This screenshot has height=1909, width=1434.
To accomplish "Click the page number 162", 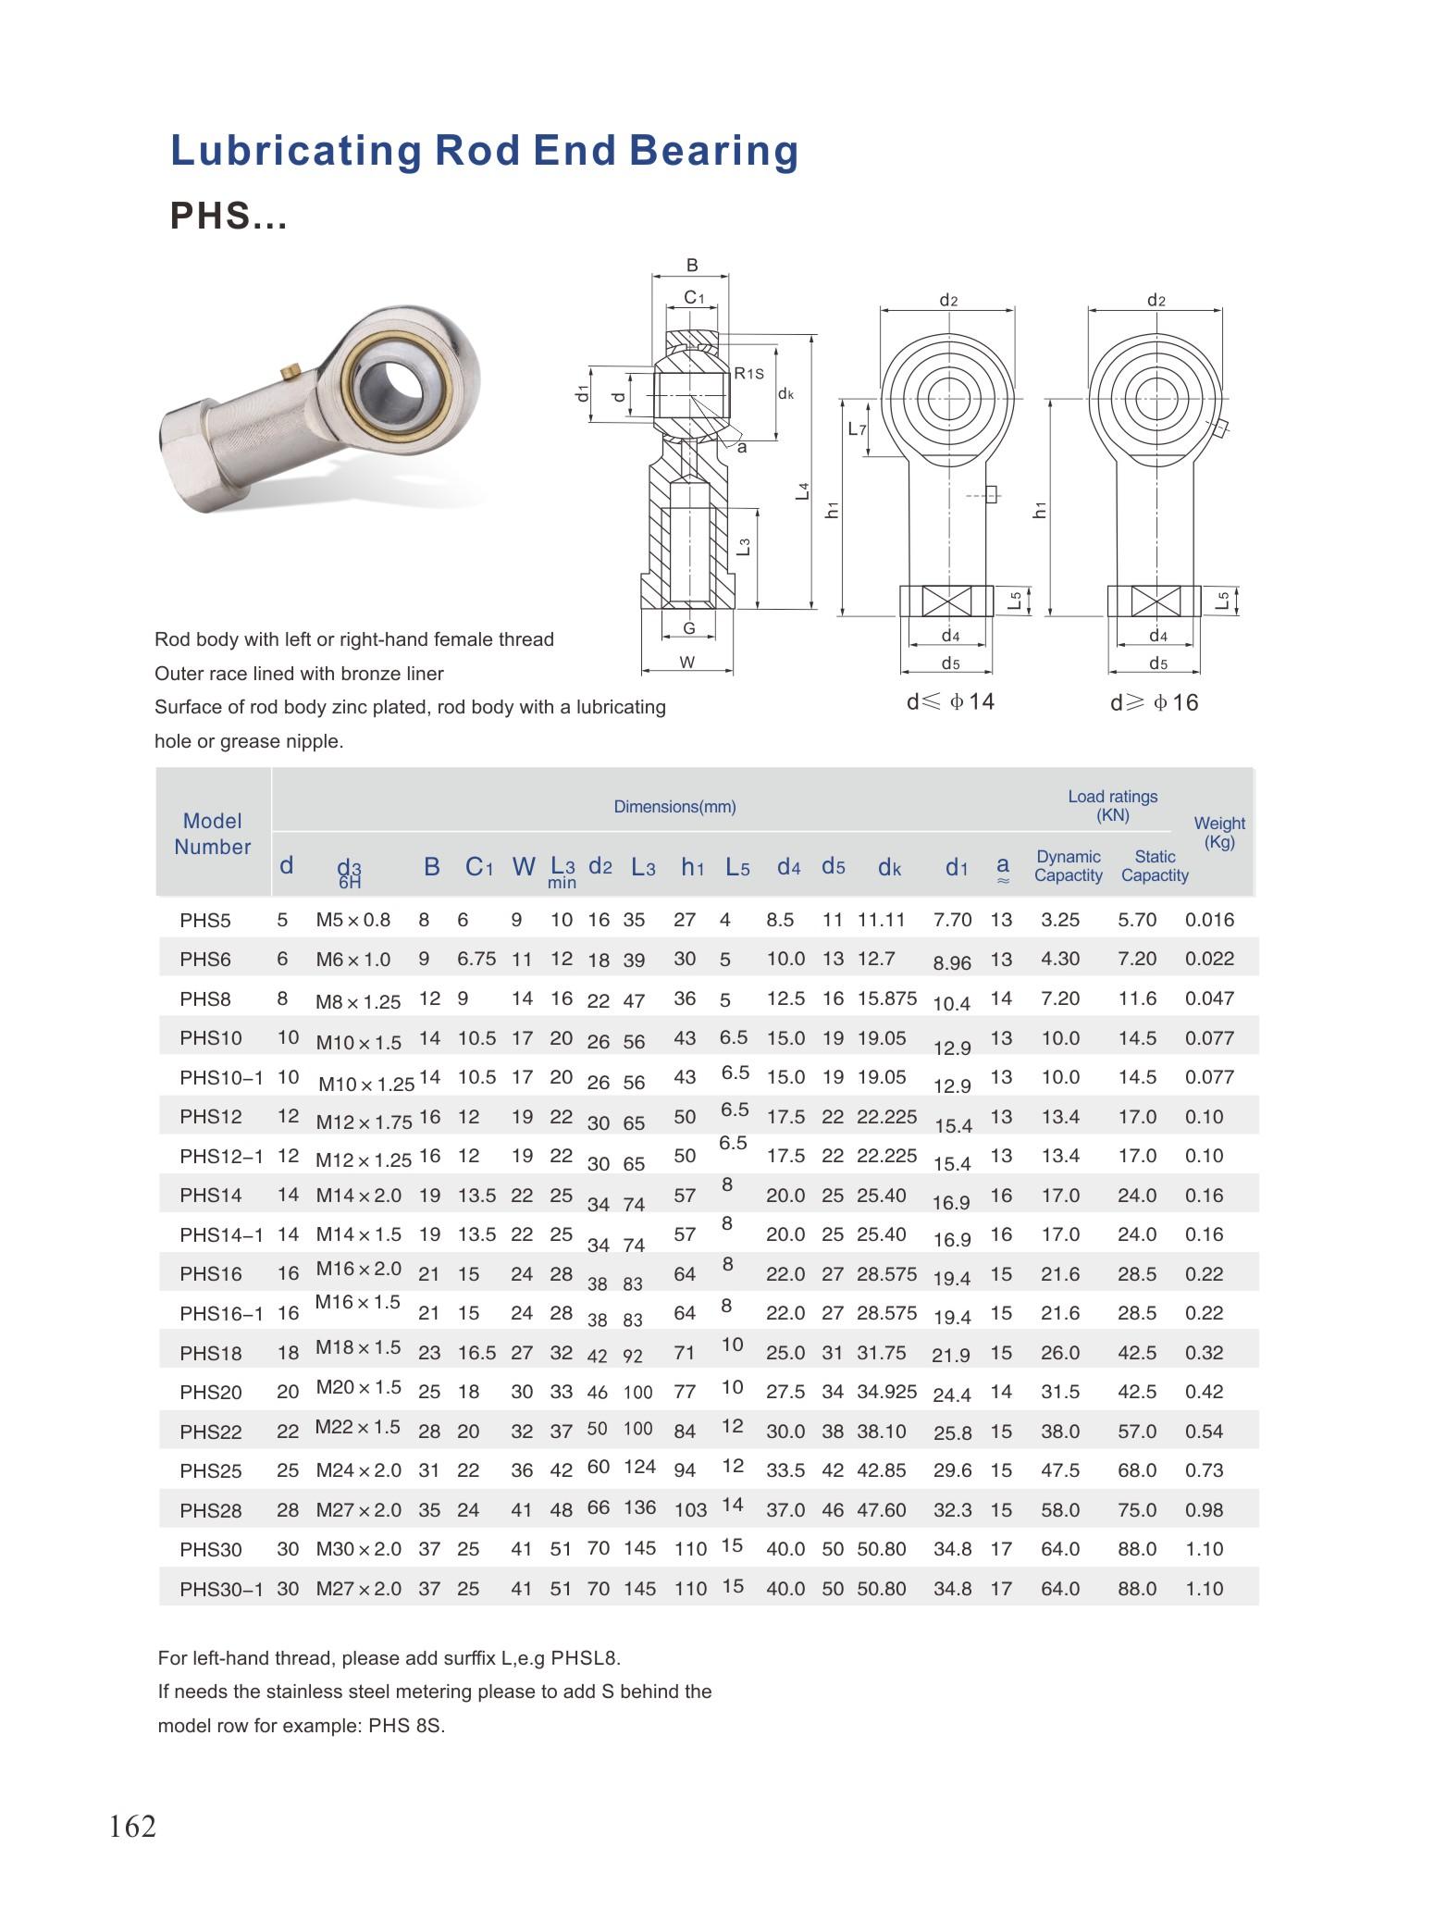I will point(132,1827).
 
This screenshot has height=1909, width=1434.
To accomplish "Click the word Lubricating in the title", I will point(295,151).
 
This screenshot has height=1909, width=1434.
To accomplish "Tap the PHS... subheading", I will point(229,216).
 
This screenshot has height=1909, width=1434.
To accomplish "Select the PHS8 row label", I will point(205,998).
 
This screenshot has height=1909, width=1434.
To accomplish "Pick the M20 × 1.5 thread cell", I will point(358,1386).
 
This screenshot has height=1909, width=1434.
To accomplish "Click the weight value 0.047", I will point(1209,998).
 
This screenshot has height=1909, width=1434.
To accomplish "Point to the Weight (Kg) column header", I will point(1218,832).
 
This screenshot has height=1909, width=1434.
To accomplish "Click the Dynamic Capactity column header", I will point(1068,866).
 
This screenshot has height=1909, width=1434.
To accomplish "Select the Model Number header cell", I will point(213,833).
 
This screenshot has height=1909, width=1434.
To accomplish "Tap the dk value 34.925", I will point(886,1391).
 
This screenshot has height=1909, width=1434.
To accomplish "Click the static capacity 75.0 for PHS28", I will point(1137,1510).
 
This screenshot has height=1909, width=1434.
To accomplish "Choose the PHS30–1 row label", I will point(221,1590).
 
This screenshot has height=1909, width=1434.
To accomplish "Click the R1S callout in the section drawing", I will point(748,374).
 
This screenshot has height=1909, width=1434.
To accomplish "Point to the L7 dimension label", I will point(857,429).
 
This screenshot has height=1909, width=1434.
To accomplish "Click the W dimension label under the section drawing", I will point(687,663).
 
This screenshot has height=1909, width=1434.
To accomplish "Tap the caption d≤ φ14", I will point(950,702).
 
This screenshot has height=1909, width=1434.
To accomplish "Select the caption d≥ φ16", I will point(1154,703).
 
